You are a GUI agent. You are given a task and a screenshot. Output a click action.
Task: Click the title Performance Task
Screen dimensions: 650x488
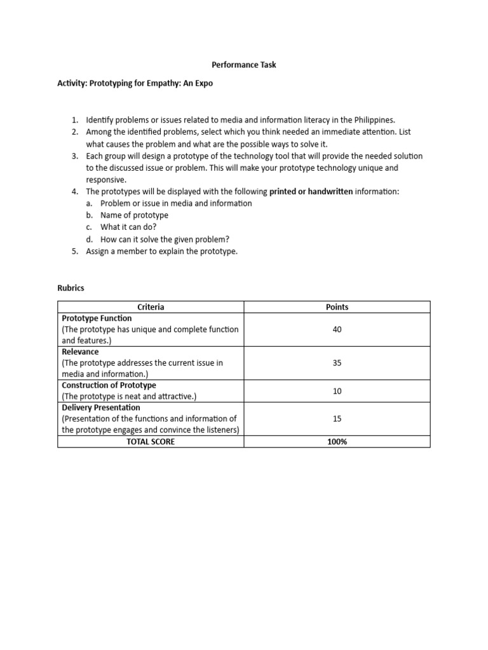243,65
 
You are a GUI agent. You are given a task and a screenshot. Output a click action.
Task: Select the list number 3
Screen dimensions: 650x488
74,156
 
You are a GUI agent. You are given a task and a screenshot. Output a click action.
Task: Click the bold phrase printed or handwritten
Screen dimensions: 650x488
311,191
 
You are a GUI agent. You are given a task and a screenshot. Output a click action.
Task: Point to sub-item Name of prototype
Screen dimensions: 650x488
134,215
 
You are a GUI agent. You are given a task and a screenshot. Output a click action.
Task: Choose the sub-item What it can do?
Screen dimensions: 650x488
129,227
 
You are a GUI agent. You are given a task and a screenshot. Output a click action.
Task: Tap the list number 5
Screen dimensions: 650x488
74,251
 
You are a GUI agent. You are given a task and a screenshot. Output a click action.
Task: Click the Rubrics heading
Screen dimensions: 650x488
71,288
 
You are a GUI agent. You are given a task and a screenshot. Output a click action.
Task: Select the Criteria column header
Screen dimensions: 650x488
151,307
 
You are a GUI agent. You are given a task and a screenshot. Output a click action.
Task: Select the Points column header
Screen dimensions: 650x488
337,307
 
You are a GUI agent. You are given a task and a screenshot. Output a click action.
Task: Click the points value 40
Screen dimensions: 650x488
337,329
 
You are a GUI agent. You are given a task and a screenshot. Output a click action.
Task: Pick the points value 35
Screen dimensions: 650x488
337,363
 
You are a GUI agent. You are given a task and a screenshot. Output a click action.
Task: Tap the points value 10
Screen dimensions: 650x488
337,391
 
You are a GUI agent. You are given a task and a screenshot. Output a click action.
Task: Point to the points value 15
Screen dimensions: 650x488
337,419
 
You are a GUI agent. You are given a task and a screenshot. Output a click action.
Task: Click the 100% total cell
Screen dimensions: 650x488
337,442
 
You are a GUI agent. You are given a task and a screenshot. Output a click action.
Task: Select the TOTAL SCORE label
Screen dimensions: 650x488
151,442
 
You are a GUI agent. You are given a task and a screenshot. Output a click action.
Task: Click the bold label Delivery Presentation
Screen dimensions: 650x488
100,408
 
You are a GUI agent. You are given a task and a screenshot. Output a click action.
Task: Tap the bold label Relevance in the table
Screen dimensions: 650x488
80,352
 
